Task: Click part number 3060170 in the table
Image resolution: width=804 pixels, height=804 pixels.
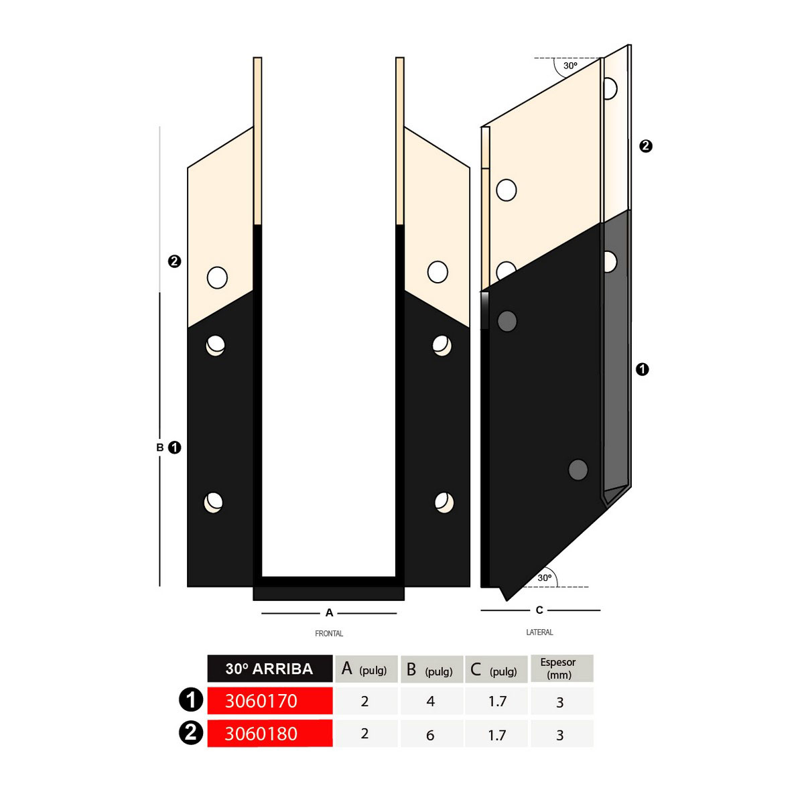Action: pos(261,701)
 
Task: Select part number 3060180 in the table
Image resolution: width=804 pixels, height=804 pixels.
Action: pos(261,734)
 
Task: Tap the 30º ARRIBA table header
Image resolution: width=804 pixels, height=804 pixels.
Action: pos(269,669)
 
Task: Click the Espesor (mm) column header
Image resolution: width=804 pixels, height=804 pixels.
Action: pos(558,669)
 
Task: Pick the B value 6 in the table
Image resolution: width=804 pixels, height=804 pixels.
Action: pos(430,735)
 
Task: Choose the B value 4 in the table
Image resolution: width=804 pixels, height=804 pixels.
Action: pos(431,701)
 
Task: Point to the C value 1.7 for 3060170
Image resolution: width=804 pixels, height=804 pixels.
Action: pos(497,701)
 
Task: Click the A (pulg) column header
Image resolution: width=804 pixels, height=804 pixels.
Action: pos(364,669)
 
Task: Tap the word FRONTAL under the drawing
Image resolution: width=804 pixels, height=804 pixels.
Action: pos(329,634)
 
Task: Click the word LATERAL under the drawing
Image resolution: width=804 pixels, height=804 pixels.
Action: pos(539,632)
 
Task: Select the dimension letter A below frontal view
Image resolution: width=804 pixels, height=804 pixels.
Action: pos(329,613)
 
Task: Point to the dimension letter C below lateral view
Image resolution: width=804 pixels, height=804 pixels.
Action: pos(539,610)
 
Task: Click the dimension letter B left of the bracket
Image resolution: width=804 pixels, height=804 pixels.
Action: pos(160,448)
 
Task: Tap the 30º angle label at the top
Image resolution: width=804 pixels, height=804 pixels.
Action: pos(570,66)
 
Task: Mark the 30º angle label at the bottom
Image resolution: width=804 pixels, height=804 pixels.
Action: pos(545,578)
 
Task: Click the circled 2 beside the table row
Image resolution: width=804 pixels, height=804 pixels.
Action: pos(191,733)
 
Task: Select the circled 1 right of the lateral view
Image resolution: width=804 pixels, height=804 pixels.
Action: pos(642,369)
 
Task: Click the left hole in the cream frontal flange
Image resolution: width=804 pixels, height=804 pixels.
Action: pos(217,278)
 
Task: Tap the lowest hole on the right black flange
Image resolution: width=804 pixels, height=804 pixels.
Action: pos(444,503)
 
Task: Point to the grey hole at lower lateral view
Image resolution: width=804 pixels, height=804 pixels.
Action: pos(578,470)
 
